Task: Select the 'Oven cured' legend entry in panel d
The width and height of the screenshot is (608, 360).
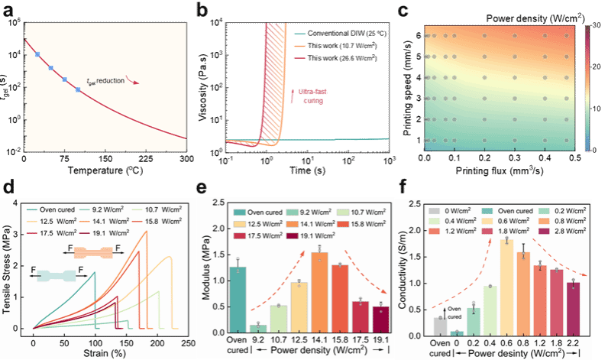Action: coord(69,206)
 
